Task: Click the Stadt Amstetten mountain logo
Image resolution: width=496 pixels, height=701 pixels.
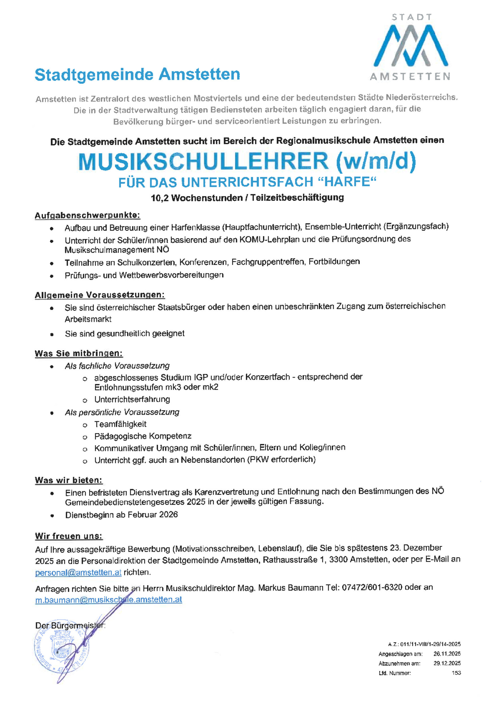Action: [411, 46]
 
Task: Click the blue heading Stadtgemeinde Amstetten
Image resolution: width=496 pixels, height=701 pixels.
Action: [137, 75]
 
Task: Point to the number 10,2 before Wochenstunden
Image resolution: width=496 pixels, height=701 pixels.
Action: [159, 198]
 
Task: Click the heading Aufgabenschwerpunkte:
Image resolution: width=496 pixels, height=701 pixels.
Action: [87, 215]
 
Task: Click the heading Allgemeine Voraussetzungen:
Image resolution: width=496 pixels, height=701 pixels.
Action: [100, 295]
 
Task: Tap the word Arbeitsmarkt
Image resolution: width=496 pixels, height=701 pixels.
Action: [88, 319]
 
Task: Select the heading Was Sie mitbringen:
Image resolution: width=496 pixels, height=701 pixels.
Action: [79, 353]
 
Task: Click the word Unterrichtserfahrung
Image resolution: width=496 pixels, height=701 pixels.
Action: [132, 399]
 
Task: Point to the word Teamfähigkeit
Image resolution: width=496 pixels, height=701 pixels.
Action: [120, 424]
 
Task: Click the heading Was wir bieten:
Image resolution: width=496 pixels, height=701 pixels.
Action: [68, 480]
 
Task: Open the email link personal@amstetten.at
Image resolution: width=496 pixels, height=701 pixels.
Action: [78, 572]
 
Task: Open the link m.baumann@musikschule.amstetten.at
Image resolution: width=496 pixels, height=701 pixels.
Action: [109, 599]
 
